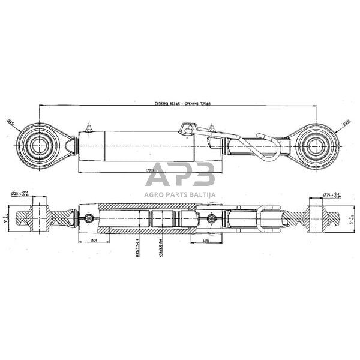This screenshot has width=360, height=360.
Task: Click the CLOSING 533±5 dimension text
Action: click(x=170, y=103)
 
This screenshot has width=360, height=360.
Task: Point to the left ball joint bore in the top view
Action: click(x=39, y=146)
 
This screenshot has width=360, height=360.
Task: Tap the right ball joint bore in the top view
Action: click(x=316, y=146)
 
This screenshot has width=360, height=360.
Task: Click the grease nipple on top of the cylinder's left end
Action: click(x=89, y=128)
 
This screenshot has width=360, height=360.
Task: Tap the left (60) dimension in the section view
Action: click(x=94, y=241)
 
